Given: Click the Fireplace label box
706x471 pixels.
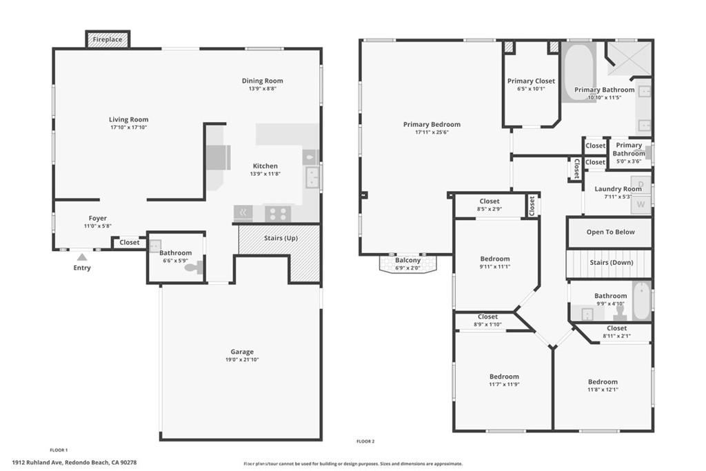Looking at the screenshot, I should [108, 40].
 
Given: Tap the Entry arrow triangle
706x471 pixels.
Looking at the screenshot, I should [81, 257].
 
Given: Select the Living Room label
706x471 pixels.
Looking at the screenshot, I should [129, 119].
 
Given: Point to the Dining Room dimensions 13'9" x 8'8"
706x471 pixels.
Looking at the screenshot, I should [262, 89].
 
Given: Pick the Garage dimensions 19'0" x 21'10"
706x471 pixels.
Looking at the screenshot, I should [241, 360].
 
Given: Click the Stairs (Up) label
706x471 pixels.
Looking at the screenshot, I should [281, 239].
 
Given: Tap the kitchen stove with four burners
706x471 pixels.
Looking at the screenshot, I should [277, 213].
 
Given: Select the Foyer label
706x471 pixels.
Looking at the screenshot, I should [97, 219].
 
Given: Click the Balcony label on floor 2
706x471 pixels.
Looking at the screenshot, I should [408, 261].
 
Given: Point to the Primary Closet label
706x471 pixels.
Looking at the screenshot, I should [530, 81].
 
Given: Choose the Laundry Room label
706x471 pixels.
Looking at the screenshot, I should [618, 189].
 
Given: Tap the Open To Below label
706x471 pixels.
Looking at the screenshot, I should [610, 232].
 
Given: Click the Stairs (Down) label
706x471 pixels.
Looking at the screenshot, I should [612, 263].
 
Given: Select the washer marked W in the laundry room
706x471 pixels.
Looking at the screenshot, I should [641, 204].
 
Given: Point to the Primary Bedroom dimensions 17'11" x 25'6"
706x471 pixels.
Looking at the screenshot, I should [432, 132].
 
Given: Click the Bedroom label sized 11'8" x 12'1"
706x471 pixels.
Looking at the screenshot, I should [603, 382].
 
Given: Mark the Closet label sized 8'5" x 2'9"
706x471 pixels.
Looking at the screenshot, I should [489, 201].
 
